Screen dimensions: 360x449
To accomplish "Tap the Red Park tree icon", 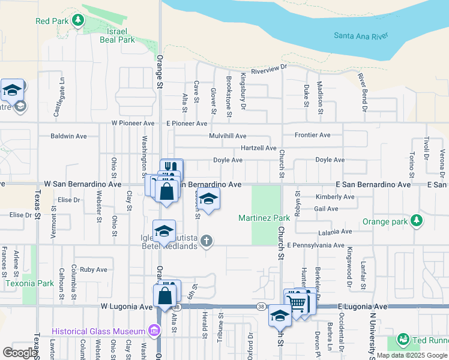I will pos(77,21).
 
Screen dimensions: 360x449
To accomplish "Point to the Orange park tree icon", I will pos(415,221).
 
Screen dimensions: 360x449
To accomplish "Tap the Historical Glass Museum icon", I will pos(155,331).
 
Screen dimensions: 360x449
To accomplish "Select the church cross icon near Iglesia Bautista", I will pos(206,241).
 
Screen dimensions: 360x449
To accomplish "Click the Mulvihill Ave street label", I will pos(228,136).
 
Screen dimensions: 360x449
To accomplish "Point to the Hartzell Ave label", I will pos(258,148).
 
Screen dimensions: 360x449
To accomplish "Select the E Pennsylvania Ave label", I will pos(315,245).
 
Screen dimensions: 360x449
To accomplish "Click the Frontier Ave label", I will pos(312,135).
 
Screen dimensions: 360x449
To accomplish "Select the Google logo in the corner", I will pos(20,353).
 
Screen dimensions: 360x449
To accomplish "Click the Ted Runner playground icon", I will pos(403,340).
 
